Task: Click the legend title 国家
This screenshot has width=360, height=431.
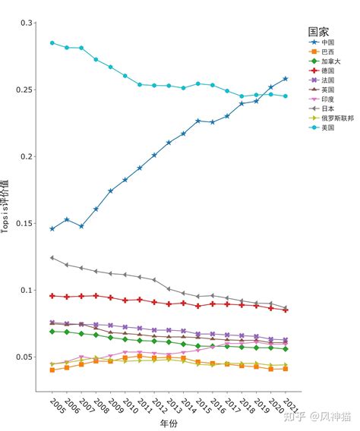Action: (318, 31)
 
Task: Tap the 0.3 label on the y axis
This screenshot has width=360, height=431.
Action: (25, 24)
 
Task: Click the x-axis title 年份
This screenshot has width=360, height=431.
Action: (169, 423)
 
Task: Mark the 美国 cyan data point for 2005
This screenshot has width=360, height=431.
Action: (52, 42)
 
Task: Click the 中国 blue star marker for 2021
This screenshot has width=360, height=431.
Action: (286, 78)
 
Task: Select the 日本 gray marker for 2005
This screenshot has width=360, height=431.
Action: (52, 258)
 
